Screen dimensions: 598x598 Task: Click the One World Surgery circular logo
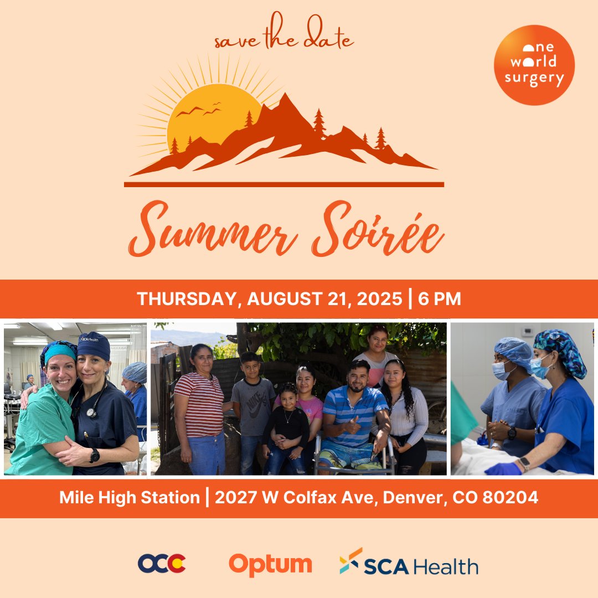point(534,65)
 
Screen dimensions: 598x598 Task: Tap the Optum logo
point(270,564)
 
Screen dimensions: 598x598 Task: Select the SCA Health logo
point(409,565)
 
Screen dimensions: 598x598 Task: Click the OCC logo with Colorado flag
point(162,564)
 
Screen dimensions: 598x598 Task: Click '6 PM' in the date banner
point(440,299)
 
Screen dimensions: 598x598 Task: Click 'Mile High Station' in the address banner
point(130,497)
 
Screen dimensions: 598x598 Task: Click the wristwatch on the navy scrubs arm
point(95,455)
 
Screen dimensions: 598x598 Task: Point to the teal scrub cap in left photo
point(59,350)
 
